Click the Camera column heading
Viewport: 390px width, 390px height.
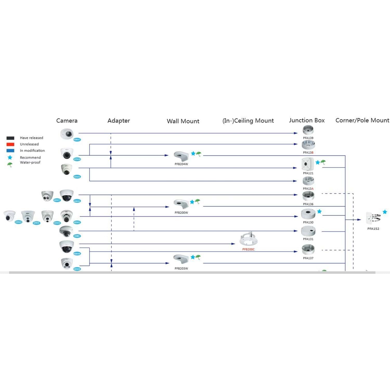click(x=67, y=121)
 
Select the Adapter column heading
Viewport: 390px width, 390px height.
click(x=119, y=121)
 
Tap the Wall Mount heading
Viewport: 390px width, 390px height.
click(x=183, y=121)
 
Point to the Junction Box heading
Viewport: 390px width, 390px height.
click(x=307, y=120)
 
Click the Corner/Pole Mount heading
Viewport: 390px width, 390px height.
click(x=362, y=120)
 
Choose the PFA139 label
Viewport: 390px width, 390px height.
click(x=308, y=138)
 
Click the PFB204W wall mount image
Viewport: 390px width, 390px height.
click(x=181, y=156)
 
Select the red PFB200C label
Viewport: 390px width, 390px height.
click(x=248, y=249)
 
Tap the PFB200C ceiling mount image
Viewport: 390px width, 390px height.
click(x=249, y=239)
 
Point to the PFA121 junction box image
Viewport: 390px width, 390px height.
click(x=308, y=164)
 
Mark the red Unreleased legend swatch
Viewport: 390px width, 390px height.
click(x=10, y=144)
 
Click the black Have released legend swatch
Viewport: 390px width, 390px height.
click(x=10, y=138)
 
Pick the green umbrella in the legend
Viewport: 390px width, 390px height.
click(x=10, y=165)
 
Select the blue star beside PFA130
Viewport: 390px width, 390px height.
click(x=319, y=212)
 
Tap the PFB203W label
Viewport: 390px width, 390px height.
click(x=181, y=269)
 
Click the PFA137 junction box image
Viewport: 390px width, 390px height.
click(x=308, y=250)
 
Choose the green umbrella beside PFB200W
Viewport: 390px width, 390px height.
click(x=198, y=201)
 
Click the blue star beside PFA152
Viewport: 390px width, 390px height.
click(x=385, y=212)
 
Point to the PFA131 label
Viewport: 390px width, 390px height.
click(x=308, y=239)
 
